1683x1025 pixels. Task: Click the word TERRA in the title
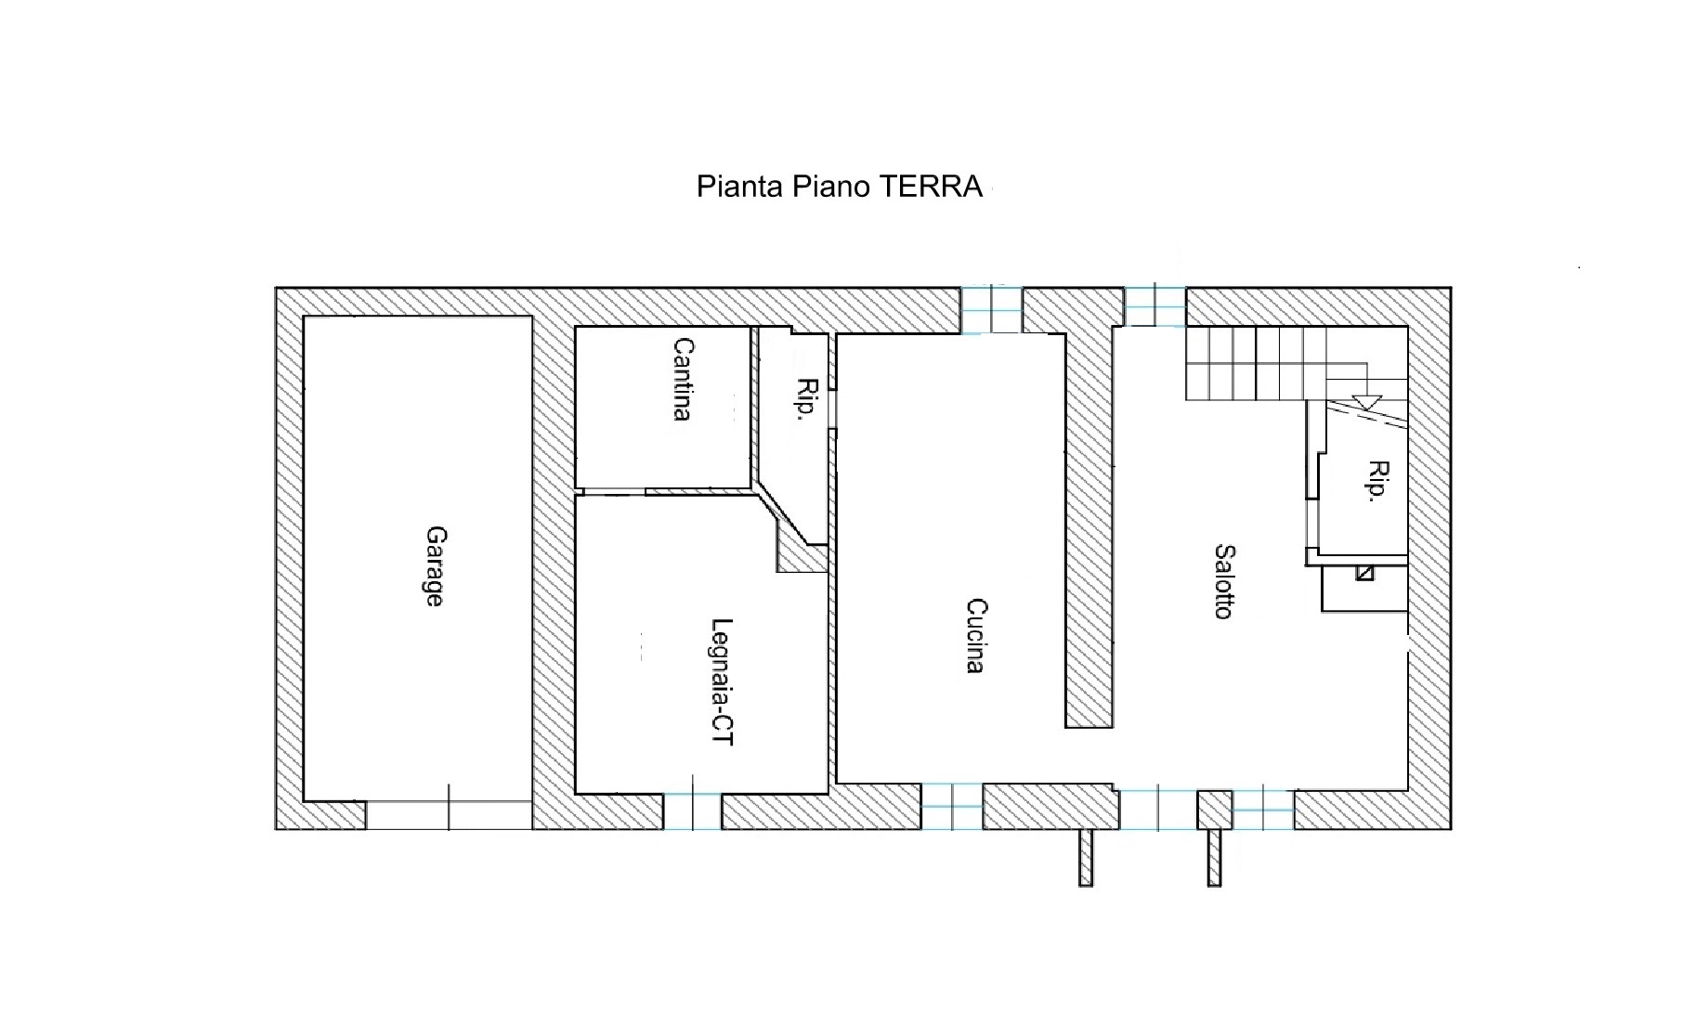(931, 187)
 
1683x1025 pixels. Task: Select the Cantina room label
(683, 379)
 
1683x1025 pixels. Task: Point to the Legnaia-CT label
(722, 682)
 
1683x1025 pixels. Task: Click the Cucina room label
(975, 636)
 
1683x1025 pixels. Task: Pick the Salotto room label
(1224, 582)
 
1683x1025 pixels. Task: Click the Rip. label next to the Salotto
(1378, 481)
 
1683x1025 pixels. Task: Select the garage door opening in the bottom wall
(449, 814)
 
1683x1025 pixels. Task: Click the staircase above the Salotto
(1297, 364)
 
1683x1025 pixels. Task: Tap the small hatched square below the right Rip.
(1364, 573)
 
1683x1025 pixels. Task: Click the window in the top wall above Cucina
(991, 309)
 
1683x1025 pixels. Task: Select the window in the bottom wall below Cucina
(952, 806)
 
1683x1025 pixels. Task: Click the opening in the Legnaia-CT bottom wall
(692, 811)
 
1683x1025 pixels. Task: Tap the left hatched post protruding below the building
(1086, 857)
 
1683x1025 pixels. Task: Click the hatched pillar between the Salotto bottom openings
(1215, 810)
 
